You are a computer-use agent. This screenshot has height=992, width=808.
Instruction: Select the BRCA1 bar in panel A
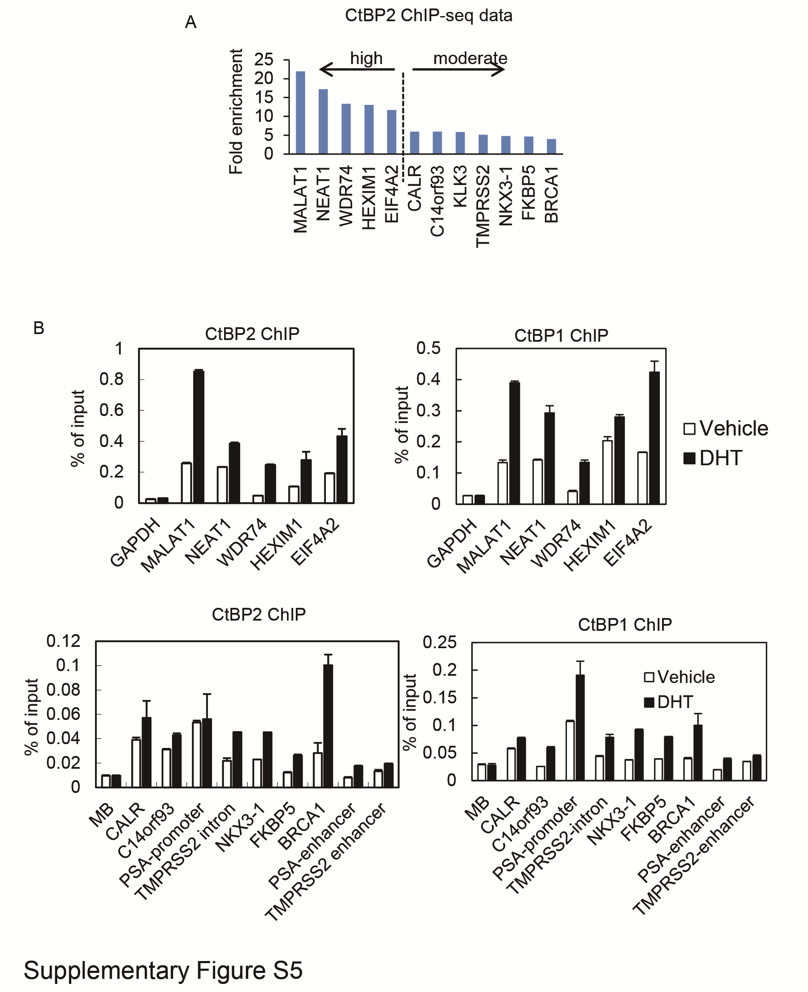[x=552, y=146]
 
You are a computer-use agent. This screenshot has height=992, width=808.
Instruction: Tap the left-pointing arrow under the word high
[x=356, y=69]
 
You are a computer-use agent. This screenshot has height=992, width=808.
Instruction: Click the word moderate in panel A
[x=470, y=58]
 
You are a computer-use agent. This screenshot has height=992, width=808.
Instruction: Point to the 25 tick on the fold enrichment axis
[x=264, y=59]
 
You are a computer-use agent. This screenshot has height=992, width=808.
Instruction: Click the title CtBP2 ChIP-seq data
[x=428, y=16]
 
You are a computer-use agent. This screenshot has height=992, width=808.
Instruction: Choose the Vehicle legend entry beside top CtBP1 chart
[x=726, y=428]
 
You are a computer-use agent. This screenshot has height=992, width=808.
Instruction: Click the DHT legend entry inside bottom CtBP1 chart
[x=669, y=702]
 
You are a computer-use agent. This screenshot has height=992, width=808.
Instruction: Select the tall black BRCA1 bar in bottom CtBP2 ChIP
[x=328, y=726]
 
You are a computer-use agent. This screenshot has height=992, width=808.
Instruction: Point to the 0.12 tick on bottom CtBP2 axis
[x=64, y=641]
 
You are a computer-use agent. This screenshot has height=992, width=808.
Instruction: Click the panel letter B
[x=39, y=328]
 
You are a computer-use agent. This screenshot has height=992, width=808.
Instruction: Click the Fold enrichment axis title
[x=236, y=112]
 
